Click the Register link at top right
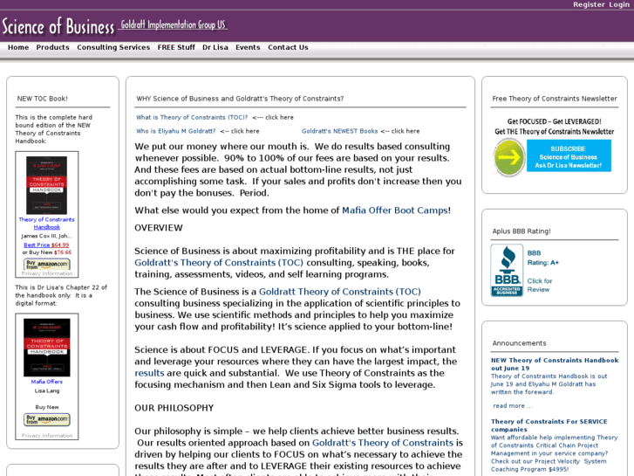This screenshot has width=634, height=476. [589, 4]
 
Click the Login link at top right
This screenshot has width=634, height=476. [619, 4]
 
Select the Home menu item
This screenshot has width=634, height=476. [18, 47]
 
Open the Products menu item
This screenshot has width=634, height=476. [52, 47]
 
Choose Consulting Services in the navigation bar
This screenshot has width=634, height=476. [113, 47]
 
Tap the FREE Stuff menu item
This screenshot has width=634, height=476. [176, 47]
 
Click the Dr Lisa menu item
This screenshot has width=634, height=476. [215, 47]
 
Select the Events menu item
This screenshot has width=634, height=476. [248, 47]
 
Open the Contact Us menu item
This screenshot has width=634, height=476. [288, 47]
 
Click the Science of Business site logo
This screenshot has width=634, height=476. [58, 25]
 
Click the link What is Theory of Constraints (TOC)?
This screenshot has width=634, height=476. [192, 117]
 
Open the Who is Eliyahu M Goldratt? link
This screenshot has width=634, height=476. [175, 131]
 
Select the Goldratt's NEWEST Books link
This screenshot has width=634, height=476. [340, 131]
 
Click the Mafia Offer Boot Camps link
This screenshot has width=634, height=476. [394, 210]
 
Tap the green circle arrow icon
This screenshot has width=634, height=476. [508, 157]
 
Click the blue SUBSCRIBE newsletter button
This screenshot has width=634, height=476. [569, 155]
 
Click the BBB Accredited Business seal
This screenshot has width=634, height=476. [507, 271]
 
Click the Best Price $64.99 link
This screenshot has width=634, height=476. [46, 245]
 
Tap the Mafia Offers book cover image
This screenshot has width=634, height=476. [46, 348]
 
